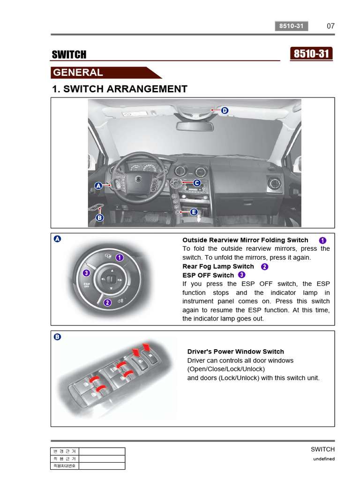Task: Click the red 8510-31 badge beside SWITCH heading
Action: pyautogui.click(x=312, y=54)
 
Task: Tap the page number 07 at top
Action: pyautogui.click(x=330, y=26)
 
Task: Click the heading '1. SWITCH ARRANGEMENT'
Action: pyautogui.click(x=120, y=89)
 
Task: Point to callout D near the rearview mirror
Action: pyautogui.click(x=225, y=111)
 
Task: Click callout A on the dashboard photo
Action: pyautogui.click(x=98, y=186)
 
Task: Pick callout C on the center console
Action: pyautogui.click(x=197, y=183)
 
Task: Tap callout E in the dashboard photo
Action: pyautogui.click(x=194, y=212)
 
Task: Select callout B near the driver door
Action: pyautogui.click(x=99, y=217)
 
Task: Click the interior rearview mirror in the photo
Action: pyautogui.click(x=195, y=126)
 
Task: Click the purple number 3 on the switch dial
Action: pyautogui.click(x=86, y=273)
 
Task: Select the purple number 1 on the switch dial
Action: pyautogui.click(x=120, y=257)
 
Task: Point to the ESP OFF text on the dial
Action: pyautogui.click(x=87, y=285)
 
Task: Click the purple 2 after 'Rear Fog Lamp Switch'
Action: pyautogui.click(x=264, y=266)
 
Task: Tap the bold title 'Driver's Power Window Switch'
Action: pyautogui.click(x=235, y=352)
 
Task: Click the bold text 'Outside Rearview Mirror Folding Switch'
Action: pyautogui.click(x=245, y=240)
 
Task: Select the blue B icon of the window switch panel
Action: pyautogui.click(x=57, y=337)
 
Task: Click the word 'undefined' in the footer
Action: pyautogui.click(x=324, y=459)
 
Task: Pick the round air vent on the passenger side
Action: pyautogui.click(x=274, y=183)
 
